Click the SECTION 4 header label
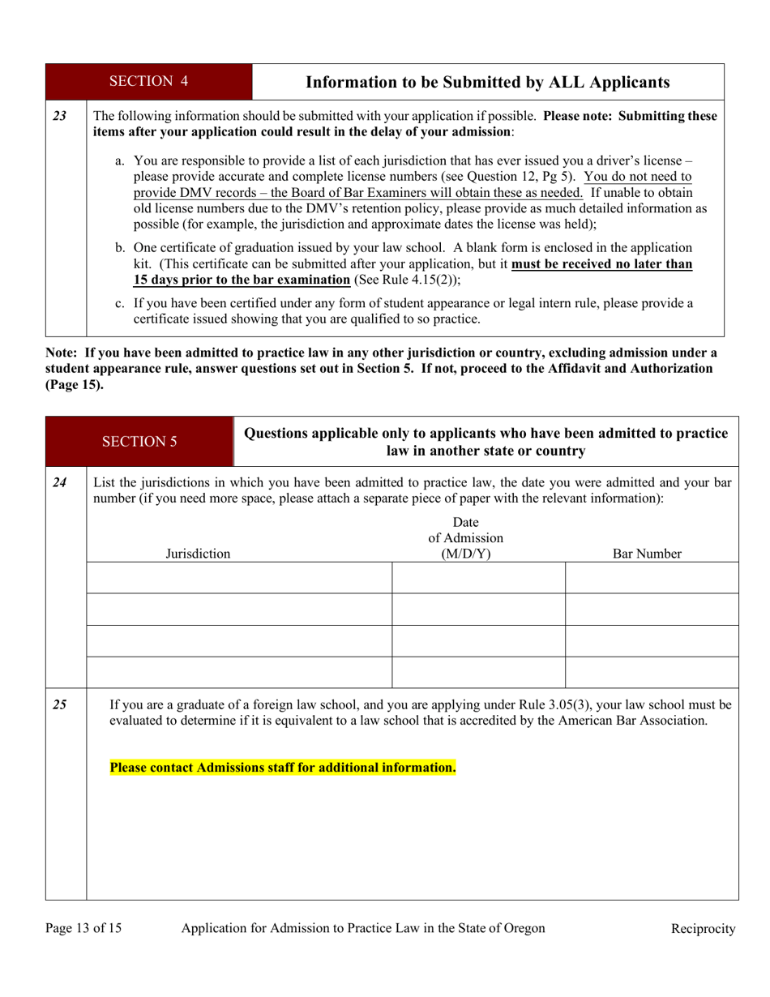[148, 81]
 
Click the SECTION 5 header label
[139, 442]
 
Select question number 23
[59, 116]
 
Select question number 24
[59, 482]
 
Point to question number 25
[59, 704]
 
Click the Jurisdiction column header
[198, 554]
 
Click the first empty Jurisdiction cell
[239, 578]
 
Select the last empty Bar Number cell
[651, 672]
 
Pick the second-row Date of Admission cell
[478, 610]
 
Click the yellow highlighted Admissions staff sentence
[283, 767]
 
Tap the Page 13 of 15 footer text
[83, 928]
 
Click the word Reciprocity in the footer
[703, 929]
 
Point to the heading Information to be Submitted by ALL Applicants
[487, 82]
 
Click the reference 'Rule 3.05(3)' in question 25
[580, 704]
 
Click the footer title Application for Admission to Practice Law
[363, 928]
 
